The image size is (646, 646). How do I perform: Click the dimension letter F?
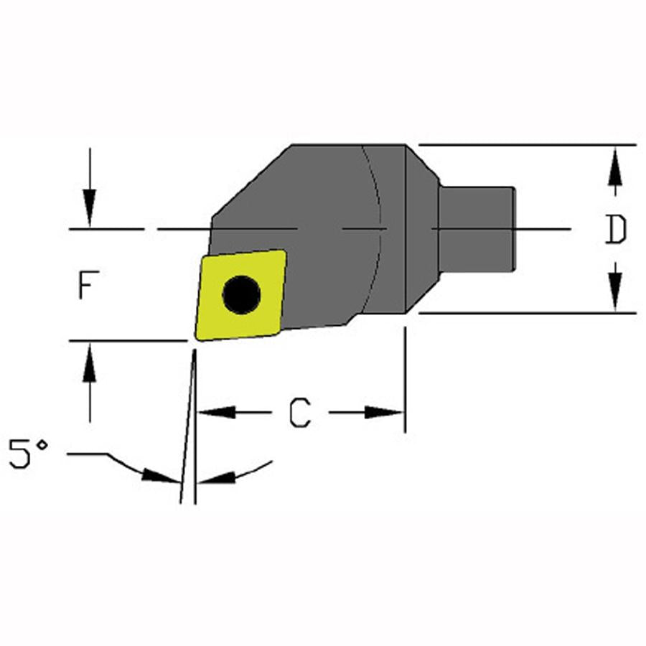click(x=88, y=285)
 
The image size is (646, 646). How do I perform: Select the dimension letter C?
click(x=300, y=413)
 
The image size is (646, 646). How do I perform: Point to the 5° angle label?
click(x=29, y=454)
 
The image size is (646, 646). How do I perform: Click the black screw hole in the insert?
click(x=241, y=295)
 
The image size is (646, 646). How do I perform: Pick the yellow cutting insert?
click(x=241, y=296)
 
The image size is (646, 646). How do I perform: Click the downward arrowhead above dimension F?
click(x=90, y=207)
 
